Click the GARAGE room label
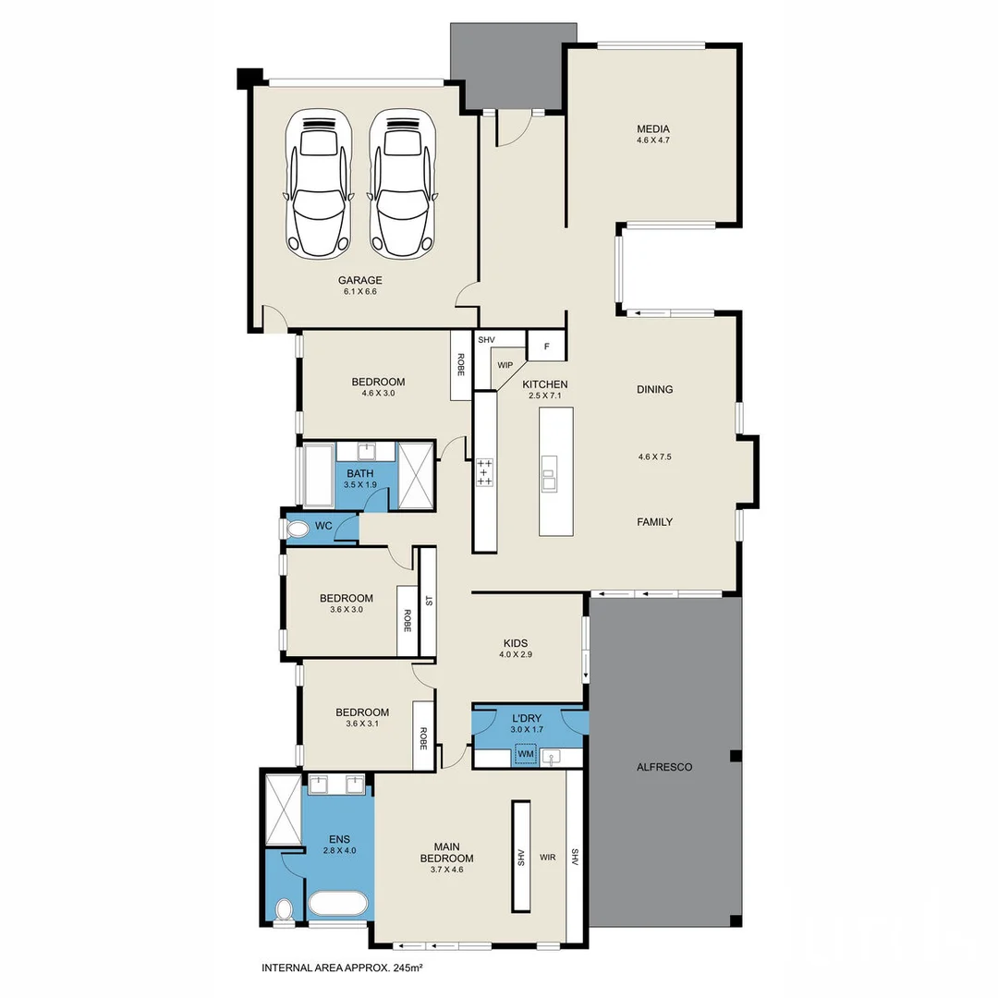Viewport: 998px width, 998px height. tap(359, 280)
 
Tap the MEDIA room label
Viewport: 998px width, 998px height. tap(652, 129)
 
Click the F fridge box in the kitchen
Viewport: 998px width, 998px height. tap(546, 347)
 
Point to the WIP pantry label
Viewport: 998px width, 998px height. tap(505, 365)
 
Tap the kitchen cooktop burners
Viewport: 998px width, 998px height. tap(484, 472)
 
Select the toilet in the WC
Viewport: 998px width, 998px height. tap(298, 529)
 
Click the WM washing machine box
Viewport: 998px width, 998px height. tap(526, 755)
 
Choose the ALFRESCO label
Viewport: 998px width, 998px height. tap(664, 767)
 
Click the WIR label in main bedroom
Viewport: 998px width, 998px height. tap(547, 858)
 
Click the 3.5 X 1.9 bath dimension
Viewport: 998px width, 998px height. tap(360, 484)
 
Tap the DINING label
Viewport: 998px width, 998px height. tap(654, 389)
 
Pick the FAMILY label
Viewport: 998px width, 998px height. tap(654, 522)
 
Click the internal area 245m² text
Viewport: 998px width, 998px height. tap(342, 968)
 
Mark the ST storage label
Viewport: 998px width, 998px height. tap(428, 601)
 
